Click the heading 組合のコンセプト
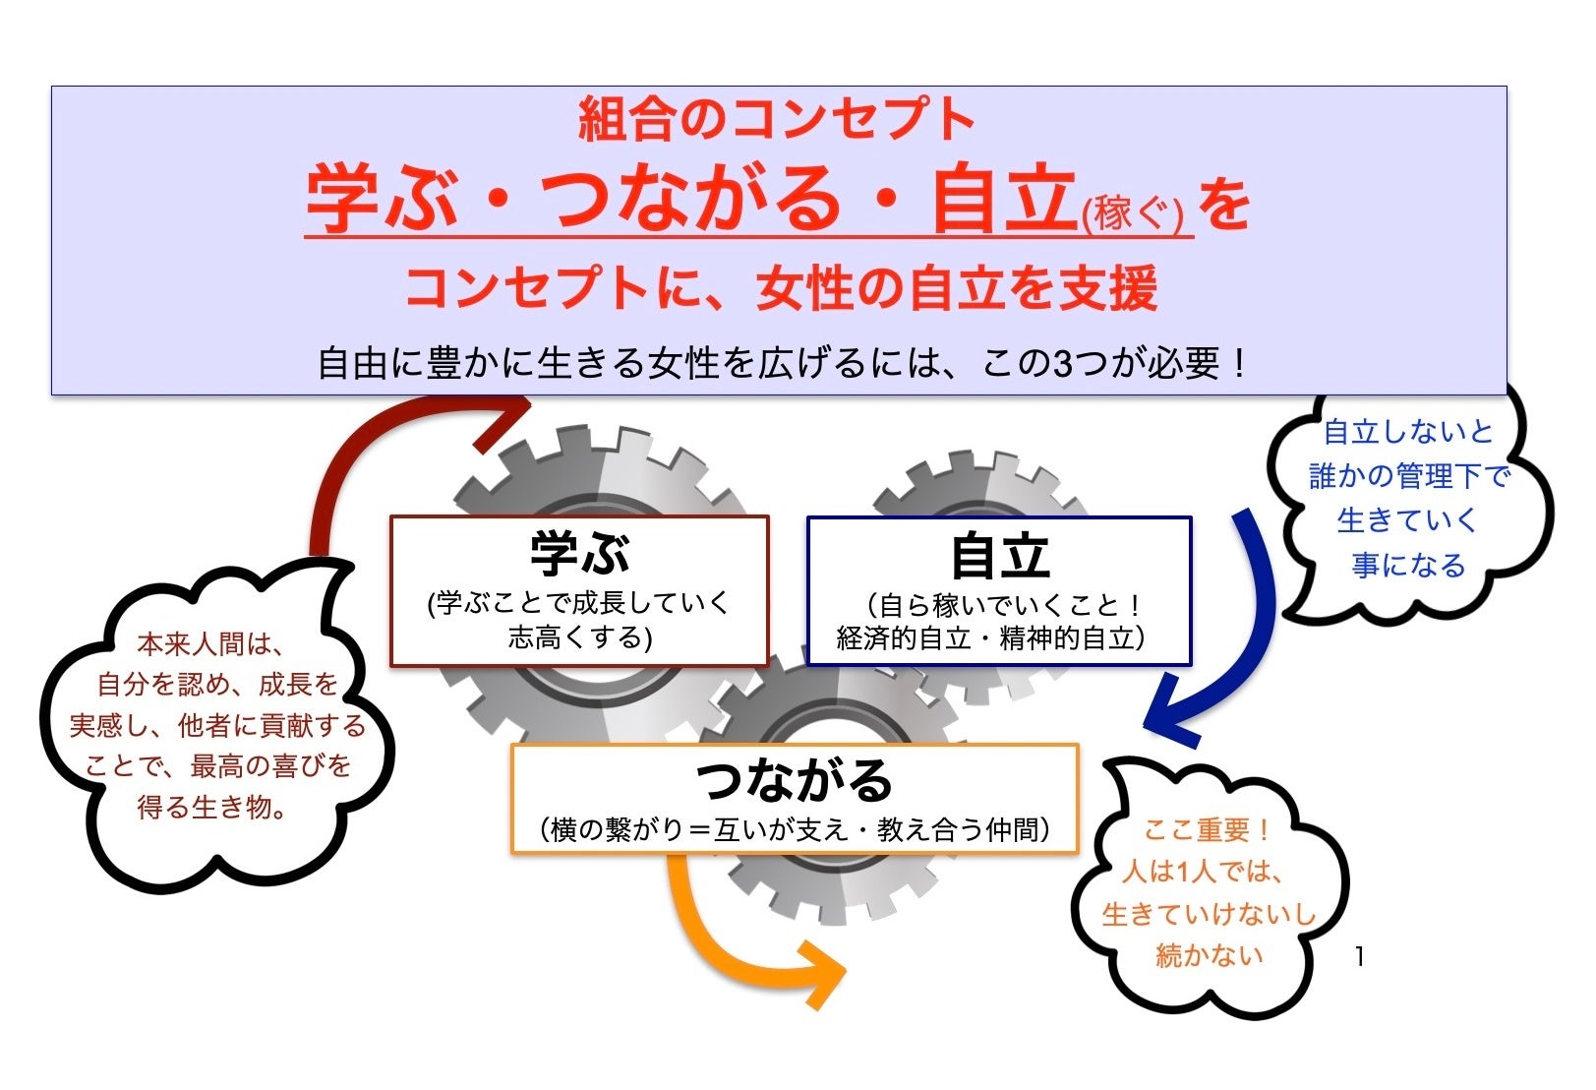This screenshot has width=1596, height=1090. (777, 119)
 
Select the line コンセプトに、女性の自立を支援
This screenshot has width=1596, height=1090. (781, 288)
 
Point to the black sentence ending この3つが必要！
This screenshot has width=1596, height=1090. (783, 364)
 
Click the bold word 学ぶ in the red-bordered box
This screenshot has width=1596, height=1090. (579, 554)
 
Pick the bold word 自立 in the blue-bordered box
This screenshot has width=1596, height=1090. (999, 557)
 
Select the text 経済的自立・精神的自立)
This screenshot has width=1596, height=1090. (991, 638)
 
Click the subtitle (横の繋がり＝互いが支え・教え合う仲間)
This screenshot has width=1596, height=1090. (795, 830)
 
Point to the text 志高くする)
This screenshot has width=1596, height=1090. (580, 638)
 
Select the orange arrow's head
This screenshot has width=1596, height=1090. (821, 975)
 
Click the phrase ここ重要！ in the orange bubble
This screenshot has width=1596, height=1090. (1207, 830)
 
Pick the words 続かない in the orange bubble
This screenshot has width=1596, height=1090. (1209, 955)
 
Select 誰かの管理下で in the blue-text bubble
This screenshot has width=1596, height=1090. (1408, 477)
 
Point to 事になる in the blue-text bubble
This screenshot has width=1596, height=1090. (1408, 566)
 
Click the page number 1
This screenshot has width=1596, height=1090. (1359, 955)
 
